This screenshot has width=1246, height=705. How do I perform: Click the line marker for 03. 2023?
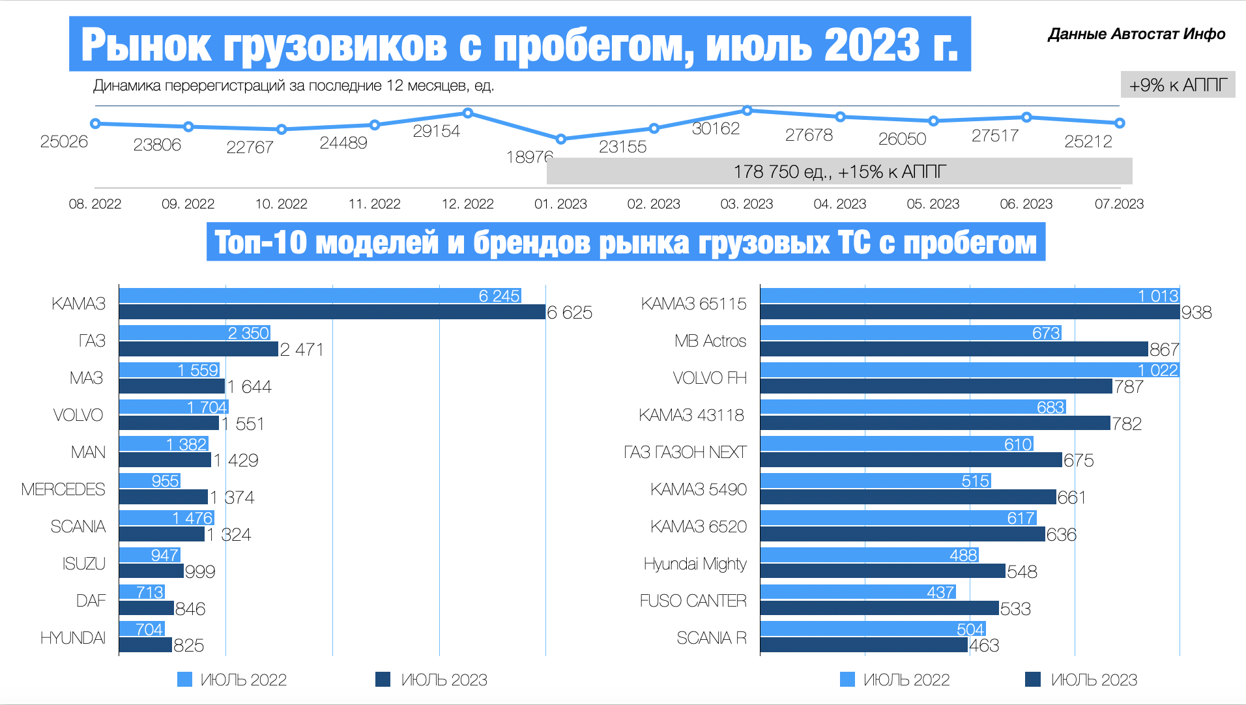pos(747,111)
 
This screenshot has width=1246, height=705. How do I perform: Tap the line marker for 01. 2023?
pos(561,139)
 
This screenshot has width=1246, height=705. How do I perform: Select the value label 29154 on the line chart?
pos(436,131)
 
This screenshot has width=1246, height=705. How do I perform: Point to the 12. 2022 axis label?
pos(467,204)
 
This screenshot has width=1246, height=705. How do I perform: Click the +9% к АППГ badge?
pos(1178,85)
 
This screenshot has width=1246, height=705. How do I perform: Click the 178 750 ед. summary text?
pos(839,172)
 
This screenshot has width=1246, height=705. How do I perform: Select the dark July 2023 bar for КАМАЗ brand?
pos(332,312)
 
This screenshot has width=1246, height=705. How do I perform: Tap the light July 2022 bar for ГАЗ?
pos(194,333)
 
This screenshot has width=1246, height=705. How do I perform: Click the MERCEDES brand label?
pos(63,489)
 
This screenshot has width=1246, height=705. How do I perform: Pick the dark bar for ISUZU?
pos(151,571)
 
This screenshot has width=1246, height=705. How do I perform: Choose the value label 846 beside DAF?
pos(190,609)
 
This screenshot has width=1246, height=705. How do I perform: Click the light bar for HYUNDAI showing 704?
pos(141,629)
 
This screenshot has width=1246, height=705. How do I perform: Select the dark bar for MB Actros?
pos(953,349)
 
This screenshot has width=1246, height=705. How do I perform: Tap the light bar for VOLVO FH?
pos(969,370)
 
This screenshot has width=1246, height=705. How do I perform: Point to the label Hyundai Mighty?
pos(695,564)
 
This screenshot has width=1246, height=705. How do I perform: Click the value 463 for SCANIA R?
pos(984,646)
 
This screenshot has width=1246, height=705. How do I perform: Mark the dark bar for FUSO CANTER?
pos(879,609)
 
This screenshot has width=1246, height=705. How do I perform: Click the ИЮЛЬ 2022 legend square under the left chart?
pos(185,680)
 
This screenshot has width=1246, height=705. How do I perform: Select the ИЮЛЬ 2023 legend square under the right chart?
pos(1033,680)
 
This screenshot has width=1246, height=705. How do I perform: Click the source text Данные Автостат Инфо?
pos(1136,34)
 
